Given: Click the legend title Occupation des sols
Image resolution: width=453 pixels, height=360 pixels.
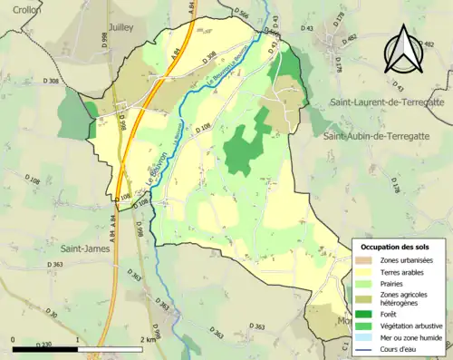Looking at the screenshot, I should (x=395, y=247).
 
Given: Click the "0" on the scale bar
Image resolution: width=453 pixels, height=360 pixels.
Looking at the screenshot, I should (x=14, y=338).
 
